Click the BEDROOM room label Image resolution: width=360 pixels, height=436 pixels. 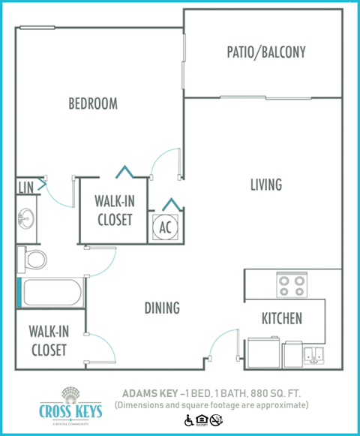(93, 104)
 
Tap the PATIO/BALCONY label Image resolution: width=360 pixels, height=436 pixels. (266, 53)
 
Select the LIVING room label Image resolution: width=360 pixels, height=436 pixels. (265, 184)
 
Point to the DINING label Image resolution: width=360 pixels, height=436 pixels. (162, 308)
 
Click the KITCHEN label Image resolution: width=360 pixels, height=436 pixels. (281, 318)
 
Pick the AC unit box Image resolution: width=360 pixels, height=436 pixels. (165, 227)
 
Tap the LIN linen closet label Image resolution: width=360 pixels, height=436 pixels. (25, 186)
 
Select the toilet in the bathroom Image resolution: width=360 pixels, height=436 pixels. (32, 260)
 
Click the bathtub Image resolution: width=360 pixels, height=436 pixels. (50, 293)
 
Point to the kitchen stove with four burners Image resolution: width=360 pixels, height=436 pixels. (291, 285)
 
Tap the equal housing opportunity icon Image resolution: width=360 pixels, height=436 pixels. (202, 420)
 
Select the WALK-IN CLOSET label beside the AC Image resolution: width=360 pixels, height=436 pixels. (114, 211)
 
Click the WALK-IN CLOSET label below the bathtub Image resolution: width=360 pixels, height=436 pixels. (48, 340)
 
